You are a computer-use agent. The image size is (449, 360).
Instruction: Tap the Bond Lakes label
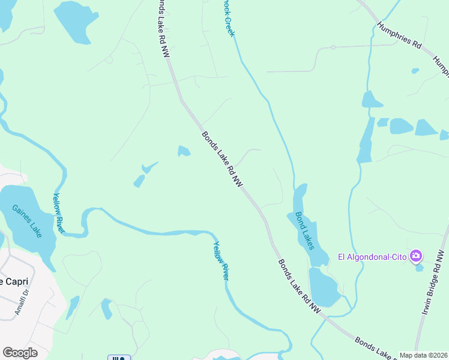304,227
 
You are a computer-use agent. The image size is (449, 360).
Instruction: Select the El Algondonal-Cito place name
373,257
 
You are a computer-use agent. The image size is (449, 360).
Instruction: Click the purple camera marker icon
415,257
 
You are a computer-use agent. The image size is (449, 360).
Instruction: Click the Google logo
20,353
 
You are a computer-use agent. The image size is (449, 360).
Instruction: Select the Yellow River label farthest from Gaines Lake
221,260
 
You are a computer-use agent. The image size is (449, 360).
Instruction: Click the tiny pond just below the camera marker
420,268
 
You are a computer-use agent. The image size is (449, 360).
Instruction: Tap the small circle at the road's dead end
333,47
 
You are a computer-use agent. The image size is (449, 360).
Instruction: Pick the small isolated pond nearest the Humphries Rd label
415,71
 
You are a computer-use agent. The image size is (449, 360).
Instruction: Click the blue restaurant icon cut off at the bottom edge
119,358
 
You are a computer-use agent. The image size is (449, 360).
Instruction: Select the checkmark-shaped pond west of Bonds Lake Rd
144,173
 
